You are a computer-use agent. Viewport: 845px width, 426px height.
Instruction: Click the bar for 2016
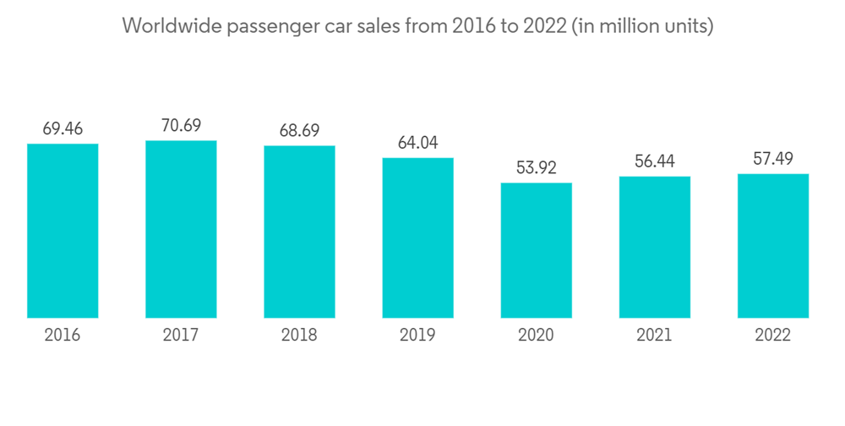(63, 231)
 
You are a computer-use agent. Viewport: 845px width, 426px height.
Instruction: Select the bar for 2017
(181, 229)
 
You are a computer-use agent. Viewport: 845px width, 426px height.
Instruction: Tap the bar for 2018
(299, 232)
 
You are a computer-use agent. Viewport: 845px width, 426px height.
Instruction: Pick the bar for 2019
(417, 238)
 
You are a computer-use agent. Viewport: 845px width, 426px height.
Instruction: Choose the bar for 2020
(536, 250)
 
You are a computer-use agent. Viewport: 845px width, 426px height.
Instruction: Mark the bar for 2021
(654, 247)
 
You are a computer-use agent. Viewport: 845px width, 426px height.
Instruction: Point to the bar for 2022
(772, 246)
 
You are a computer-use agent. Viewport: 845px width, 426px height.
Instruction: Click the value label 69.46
(63, 128)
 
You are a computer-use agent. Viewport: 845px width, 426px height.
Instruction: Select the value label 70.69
(181, 125)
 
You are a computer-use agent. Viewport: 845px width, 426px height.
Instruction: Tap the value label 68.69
(299, 131)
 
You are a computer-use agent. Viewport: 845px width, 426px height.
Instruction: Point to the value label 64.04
(417, 143)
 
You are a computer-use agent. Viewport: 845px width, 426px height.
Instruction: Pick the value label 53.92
(536, 167)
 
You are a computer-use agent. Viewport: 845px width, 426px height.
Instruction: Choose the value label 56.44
(654, 161)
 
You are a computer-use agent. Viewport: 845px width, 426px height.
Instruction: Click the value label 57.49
(772, 159)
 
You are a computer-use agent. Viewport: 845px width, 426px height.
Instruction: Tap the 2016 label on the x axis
(63, 336)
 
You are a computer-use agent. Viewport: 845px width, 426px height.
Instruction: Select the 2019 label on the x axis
(417, 336)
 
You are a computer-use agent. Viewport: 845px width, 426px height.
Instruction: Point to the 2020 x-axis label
(536, 336)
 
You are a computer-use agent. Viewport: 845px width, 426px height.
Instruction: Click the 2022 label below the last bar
(772, 336)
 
